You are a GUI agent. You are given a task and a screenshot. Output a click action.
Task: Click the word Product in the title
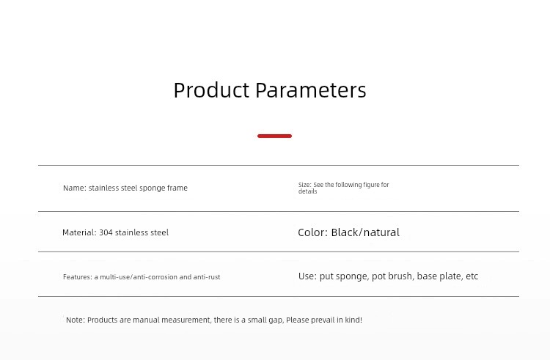click(x=211, y=90)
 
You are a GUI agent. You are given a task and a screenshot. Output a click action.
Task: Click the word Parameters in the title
click(x=311, y=90)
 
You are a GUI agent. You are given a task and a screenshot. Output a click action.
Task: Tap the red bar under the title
click(x=275, y=136)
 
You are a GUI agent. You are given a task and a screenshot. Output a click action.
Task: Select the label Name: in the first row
click(x=75, y=188)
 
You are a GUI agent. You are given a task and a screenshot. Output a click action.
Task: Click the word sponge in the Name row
click(x=153, y=188)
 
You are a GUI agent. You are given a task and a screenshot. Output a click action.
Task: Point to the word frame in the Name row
click(x=177, y=188)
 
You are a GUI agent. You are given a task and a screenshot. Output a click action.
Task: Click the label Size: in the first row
click(x=305, y=185)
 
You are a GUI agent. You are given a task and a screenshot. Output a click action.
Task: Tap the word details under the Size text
click(x=307, y=191)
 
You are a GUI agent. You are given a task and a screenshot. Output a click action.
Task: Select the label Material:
click(x=79, y=232)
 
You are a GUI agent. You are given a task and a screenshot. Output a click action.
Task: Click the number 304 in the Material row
click(x=106, y=232)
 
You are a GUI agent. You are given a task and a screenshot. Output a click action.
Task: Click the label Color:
click(x=313, y=232)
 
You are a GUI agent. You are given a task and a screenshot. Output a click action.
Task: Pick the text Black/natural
click(x=365, y=232)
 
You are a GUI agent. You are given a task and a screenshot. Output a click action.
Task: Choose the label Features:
click(x=78, y=277)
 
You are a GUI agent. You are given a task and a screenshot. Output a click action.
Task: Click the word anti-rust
click(x=207, y=277)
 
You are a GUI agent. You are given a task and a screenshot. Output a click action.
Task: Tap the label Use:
click(x=307, y=276)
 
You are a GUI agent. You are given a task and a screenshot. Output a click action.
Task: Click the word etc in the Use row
click(x=472, y=276)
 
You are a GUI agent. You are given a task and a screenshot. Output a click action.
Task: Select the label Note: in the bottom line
click(x=76, y=320)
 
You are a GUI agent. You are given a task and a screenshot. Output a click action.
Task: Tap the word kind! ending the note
click(x=353, y=320)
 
